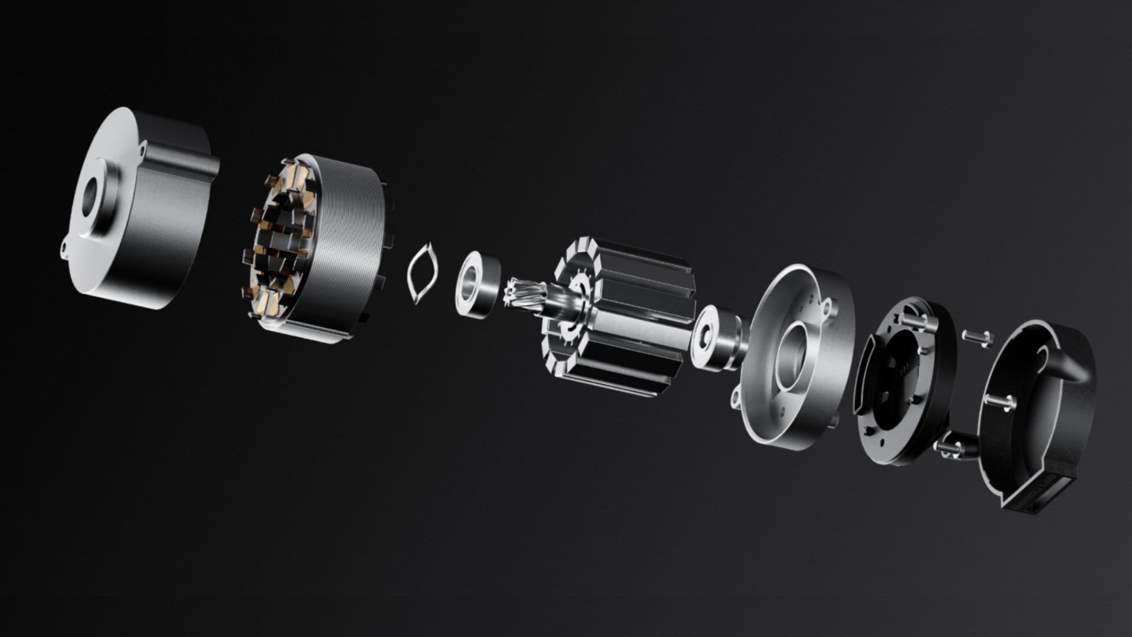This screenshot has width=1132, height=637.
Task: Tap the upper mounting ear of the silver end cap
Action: pyautogui.click(x=827, y=305)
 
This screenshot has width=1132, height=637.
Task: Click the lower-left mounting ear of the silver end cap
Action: pyautogui.click(x=736, y=399)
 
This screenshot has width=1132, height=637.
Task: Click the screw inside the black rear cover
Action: pyautogui.click(x=1005, y=401)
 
